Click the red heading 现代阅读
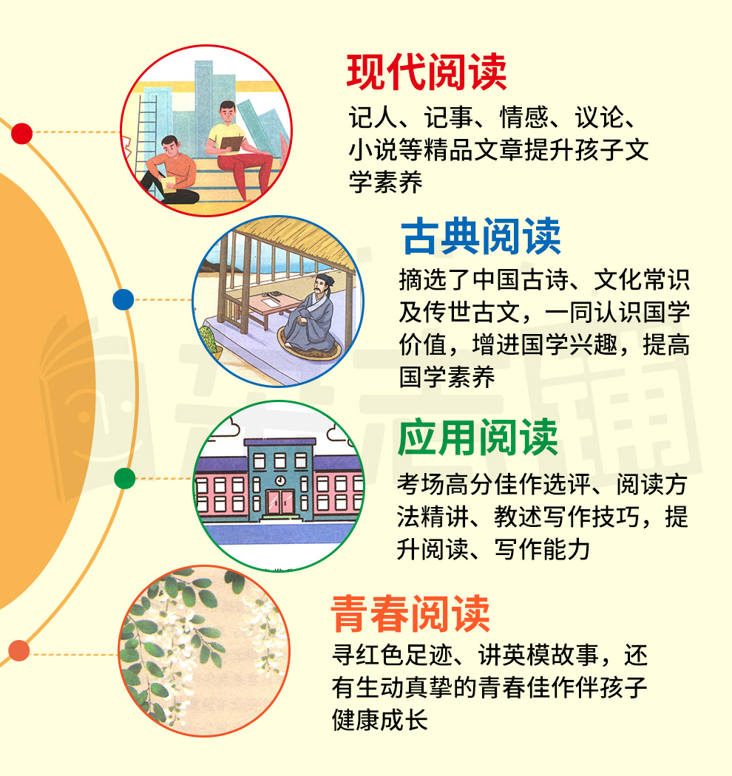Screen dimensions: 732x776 [427, 72]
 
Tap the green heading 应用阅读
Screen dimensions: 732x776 [478, 437]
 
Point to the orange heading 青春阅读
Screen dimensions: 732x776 [410, 613]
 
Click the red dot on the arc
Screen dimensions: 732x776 [21, 134]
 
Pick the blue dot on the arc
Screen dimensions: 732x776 [123, 299]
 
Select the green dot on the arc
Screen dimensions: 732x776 [124, 479]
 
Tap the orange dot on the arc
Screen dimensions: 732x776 [18, 650]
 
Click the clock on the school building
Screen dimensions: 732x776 [279, 480]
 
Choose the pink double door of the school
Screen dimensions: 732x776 [280, 502]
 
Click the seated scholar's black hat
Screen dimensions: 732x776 [325, 279]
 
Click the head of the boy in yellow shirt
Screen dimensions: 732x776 [227, 113]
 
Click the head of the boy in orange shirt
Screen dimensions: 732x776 [170, 146]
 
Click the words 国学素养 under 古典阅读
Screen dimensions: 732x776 [447, 377]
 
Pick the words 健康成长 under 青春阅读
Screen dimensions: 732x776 [380, 720]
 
